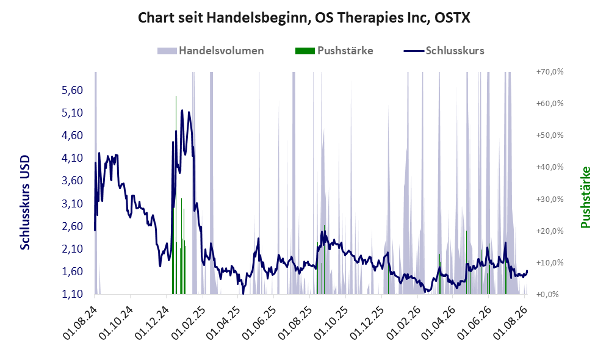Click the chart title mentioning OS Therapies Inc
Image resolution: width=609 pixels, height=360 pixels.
[x=304, y=18]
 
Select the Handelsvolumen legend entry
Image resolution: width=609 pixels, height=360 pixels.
[x=211, y=51]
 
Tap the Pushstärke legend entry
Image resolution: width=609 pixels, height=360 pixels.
[x=334, y=51]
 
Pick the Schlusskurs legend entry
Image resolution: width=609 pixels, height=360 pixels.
[x=444, y=51]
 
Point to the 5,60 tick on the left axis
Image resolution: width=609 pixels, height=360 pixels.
[x=72, y=90]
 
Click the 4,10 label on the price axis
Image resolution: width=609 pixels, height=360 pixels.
[x=72, y=158]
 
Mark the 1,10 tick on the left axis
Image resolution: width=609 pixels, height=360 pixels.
[x=72, y=294]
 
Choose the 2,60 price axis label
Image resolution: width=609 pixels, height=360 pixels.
[x=72, y=226]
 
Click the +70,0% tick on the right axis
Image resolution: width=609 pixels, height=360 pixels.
[x=550, y=72]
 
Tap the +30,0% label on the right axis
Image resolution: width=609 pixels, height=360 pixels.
[x=550, y=200]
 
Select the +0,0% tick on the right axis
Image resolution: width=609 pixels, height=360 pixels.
[x=547, y=294]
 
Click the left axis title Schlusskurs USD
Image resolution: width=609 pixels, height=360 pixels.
[x=25, y=203]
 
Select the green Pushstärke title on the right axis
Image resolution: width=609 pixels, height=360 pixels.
[x=585, y=197]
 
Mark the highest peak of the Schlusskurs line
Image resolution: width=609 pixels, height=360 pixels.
[x=182, y=110]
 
